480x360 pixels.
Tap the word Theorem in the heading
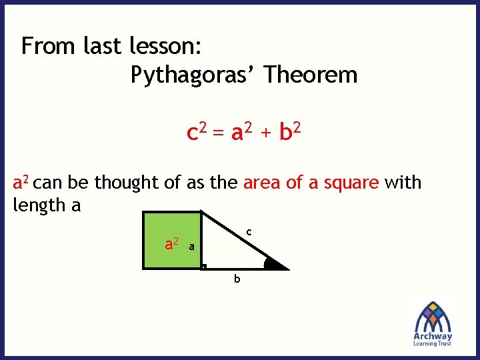pos(310,75)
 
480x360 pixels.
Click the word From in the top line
pos(49,46)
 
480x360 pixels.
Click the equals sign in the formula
pos(219,134)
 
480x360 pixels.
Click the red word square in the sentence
pos(351,183)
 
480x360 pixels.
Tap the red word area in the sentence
pos(262,183)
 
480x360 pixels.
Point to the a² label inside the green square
pos(171,244)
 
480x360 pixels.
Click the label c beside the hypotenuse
pos(248,232)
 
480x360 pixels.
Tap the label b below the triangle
pos(236,279)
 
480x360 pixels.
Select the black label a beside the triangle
pos(191,247)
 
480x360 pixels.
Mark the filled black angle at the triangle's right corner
pos(273,264)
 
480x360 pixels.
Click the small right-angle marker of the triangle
pos(204,267)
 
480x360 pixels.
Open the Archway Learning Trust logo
pos(433,323)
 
